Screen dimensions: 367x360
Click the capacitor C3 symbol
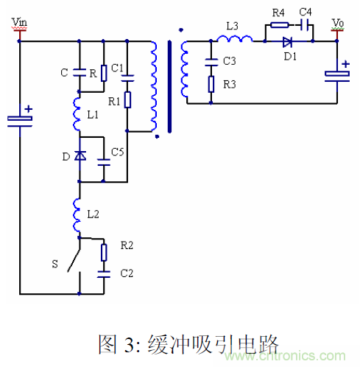click(211, 59)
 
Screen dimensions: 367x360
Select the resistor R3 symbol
click(211, 84)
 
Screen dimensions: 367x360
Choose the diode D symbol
click(78, 155)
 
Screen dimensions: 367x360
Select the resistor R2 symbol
click(103, 252)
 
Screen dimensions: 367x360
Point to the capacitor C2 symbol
click(103, 272)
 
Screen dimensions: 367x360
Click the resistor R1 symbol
click(127, 99)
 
